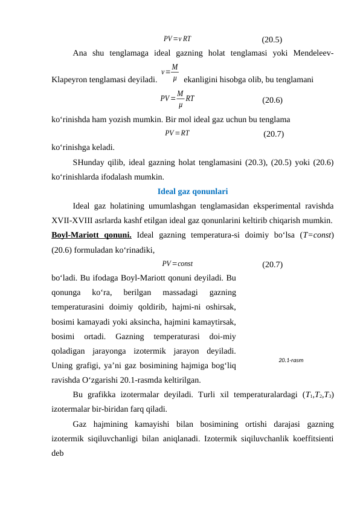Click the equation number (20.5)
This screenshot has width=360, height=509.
coord(271,41)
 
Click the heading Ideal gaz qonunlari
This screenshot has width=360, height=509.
coord(192,192)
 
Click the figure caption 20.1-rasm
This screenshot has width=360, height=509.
coord(291,360)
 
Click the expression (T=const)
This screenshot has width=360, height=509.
coord(316,235)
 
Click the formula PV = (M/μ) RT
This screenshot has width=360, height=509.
coord(178,97)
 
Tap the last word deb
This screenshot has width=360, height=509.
coord(59,453)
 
